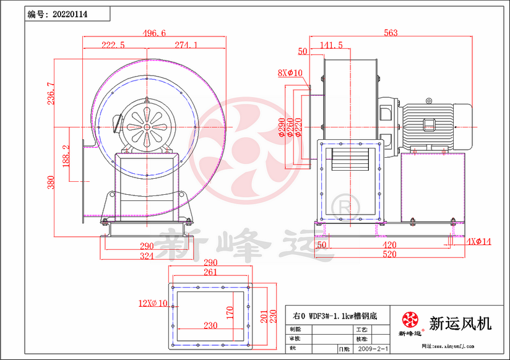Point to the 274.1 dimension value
pyautogui.click(x=186, y=45)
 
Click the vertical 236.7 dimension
pyautogui.click(x=51, y=93)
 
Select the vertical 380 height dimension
pyautogui.click(x=51, y=182)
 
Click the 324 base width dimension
pyautogui.click(x=147, y=255)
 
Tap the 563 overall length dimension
pyautogui.click(x=391, y=33)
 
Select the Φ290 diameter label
pyautogui.click(x=282, y=127)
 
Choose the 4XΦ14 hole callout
pyautogui.click(x=478, y=241)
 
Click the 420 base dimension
pyautogui.click(x=390, y=246)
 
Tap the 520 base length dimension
pyautogui.click(x=390, y=255)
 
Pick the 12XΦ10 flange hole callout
pyautogui.click(x=152, y=303)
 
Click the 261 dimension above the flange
pyautogui.click(x=210, y=272)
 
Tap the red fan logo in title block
pyautogui.click(x=410, y=320)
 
